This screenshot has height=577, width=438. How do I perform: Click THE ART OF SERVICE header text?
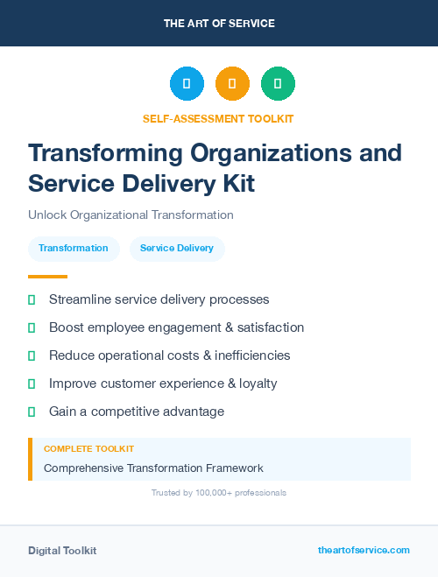point(219,24)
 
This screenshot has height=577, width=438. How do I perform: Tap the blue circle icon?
point(187,84)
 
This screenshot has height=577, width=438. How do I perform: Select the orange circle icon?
point(232,84)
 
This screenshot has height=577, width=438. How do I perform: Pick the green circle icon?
point(278,84)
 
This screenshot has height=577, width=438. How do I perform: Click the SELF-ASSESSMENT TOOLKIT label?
point(218,118)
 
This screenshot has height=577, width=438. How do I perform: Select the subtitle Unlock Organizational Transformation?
point(131,215)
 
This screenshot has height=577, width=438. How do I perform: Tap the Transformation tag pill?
point(74,248)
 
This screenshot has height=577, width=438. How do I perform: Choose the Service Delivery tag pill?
point(177,248)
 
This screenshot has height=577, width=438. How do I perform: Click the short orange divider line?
point(42,277)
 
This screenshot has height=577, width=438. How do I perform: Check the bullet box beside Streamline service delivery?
point(32,300)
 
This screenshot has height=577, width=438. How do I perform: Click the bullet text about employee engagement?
point(176,327)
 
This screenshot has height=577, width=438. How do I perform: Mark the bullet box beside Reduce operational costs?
point(32,356)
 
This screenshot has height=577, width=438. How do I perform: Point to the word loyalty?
point(255,383)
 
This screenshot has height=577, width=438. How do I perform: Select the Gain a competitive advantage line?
point(137,412)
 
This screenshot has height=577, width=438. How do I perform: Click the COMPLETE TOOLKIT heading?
point(89,449)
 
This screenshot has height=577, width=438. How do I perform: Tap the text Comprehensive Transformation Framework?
point(153,468)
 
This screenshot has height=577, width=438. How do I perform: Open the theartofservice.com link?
point(364,550)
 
